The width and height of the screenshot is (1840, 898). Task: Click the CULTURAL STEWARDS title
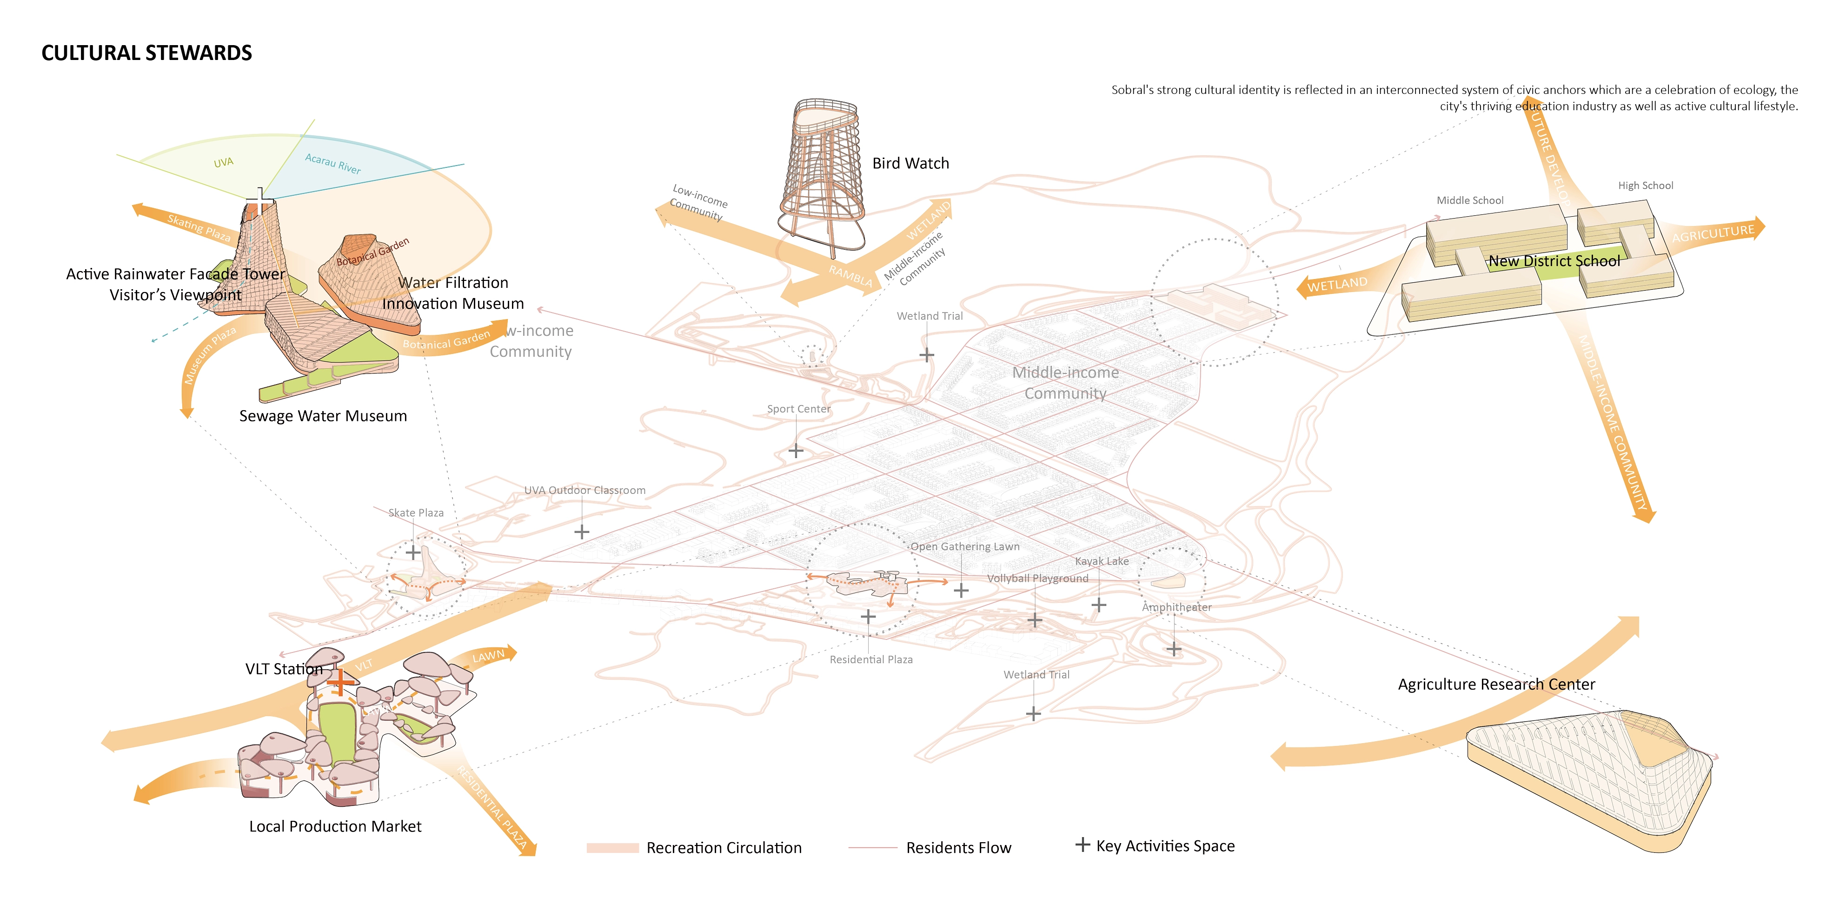[146, 53]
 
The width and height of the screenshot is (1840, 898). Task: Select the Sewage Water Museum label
[323, 416]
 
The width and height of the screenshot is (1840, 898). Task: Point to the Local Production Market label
[335, 826]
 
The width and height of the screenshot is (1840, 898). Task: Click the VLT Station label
[284, 669]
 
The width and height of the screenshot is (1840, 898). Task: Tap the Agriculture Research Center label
[1496, 685]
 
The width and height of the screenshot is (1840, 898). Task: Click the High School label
[1645, 186]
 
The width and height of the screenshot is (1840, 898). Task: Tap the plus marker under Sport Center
[796, 451]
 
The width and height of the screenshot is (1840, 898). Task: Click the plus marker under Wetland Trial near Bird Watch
[926, 354]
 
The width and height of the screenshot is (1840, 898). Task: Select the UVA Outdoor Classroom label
[585, 491]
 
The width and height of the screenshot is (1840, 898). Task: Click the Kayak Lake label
[1102, 561]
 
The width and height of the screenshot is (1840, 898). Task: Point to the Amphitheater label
[1176, 607]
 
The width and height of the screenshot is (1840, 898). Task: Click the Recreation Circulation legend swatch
[612, 848]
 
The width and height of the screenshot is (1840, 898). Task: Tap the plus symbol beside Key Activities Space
[1082, 845]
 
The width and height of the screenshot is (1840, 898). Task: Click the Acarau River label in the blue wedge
[333, 164]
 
